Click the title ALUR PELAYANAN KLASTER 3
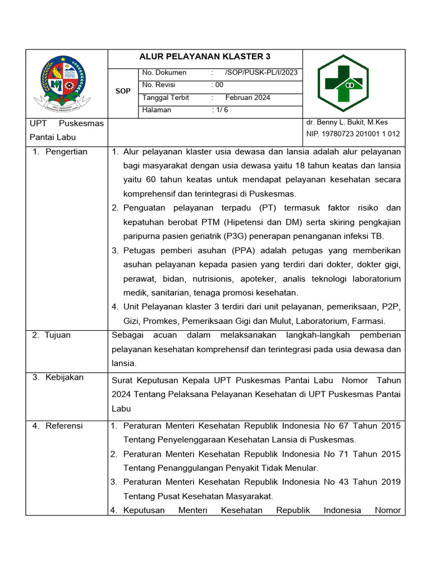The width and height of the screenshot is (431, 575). [x=205, y=56]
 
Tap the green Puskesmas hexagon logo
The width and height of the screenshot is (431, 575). [x=343, y=83]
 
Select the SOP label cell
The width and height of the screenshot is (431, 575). [x=122, y=91]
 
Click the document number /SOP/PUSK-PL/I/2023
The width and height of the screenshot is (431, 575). [x=261, y=72]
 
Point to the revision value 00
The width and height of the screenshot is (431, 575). [x=218, y=85]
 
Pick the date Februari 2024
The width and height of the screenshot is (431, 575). [x=247, y=98]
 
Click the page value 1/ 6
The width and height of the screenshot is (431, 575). [x=220, y=110]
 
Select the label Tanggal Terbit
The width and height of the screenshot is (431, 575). [x=166, y=98]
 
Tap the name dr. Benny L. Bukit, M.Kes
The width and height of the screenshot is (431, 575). [x=347, y=122]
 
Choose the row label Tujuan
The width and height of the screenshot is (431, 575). [x=58, y=335]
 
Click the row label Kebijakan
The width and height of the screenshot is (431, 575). [x=64, y=377]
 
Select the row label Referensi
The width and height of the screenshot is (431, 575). [x=63, y=426]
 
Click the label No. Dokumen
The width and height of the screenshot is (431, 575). [x=164, y=72]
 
